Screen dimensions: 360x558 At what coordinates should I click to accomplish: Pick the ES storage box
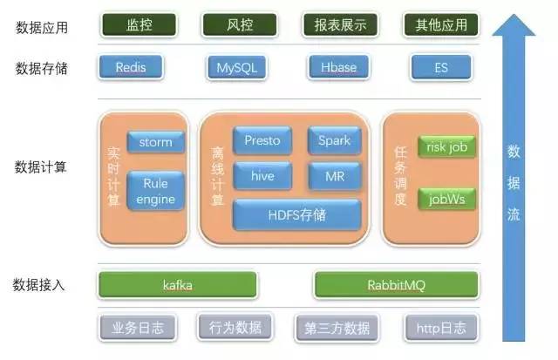[x=440, y=67]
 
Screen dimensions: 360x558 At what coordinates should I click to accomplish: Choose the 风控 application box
[x=234, y=25]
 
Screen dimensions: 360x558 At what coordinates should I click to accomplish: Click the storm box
[x=155, y=142]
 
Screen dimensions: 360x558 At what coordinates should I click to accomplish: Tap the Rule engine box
[x=155, y=191]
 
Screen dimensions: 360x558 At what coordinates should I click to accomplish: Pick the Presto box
[x=262, y=140]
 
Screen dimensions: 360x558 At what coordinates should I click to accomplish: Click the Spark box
[x=333, y=140]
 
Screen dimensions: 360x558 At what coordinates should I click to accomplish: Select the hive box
[x=262, y=175]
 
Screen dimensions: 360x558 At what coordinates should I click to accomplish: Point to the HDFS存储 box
[x=296, y=214]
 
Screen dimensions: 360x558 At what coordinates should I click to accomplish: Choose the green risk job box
[x=446, y=147]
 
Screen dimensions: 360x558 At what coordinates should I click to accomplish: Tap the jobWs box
[x=446, y=199]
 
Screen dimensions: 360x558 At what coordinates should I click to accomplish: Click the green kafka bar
[x=178, y=284]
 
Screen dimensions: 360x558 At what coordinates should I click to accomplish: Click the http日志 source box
[x=441, y=328]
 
